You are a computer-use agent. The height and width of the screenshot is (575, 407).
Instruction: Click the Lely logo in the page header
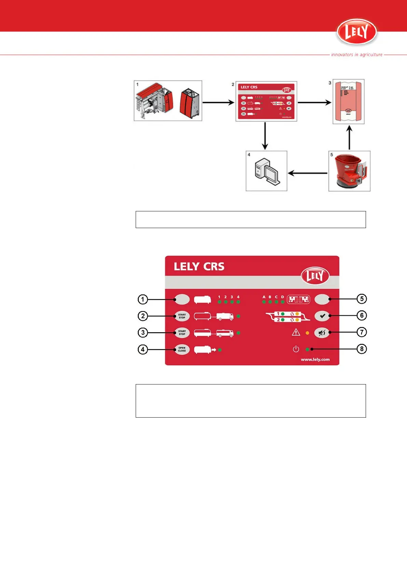click(356, 32)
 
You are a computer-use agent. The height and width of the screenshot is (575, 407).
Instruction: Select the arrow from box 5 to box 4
click(308, 173)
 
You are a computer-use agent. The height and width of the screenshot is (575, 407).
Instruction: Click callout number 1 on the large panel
click(143, 299)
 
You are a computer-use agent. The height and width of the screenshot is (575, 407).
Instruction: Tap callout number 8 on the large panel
click(362, 349)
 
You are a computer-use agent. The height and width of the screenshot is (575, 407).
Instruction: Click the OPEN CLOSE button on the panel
click(182, 349)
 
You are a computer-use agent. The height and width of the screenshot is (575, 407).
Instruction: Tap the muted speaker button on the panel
click(322, 333)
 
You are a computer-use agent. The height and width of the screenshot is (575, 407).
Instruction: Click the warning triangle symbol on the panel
click(296, 332)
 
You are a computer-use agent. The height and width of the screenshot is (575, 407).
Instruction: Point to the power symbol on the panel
click(296, 349)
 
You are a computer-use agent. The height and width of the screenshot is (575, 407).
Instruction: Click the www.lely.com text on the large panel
click(315, 359)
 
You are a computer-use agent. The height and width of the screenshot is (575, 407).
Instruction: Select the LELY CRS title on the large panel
click(199, 266)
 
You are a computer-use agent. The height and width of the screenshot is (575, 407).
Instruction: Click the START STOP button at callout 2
click(182, 316)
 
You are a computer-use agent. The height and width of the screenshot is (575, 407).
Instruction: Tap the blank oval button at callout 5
click(322, 299)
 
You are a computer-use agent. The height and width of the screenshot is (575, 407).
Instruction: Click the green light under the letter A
click(264, 302)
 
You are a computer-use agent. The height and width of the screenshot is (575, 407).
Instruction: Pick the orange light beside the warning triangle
click(307, 333)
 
